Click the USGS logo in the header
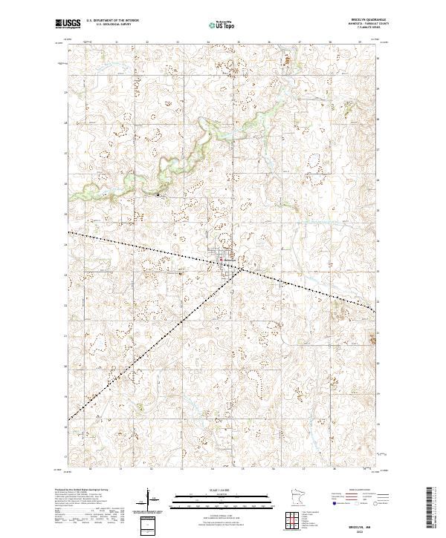pos(68,24)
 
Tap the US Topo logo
pos(224,24)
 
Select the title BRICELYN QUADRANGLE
pos(362,21)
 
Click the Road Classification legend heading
pos(359,491)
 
